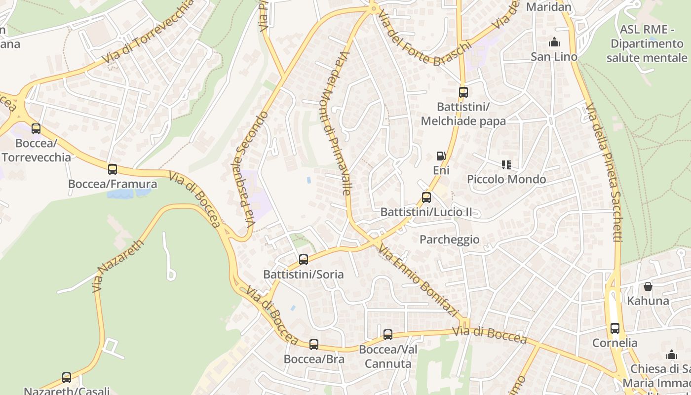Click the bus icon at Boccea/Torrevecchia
coord(36,129)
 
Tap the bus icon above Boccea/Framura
coord(113,169)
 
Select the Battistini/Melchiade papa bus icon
coord(463,92)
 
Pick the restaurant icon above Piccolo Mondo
coord(506,164)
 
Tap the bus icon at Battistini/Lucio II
coord(426,197)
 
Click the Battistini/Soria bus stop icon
coord(304,260)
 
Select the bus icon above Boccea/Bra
coord(314,345)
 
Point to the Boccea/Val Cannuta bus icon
coord(388,335)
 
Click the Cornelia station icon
coord(615,328)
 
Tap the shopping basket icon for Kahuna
coord(648,286)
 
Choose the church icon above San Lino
coord(554,42)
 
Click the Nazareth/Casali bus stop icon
coord(67,378)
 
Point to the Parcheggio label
coord(449,239)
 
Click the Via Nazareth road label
coord(118,266)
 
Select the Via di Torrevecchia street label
coord(148,33)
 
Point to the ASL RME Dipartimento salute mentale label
coord(647,43)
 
